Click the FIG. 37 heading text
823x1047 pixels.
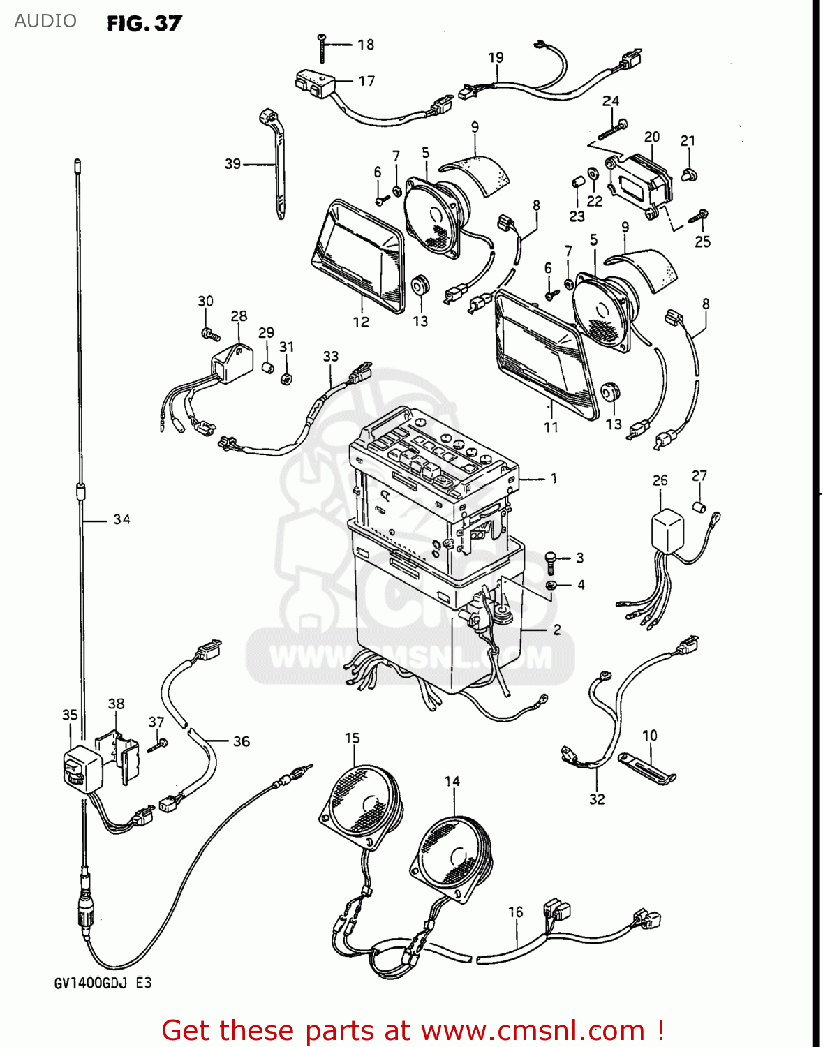(x=144, y=24)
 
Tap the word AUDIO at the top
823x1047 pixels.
(x=45, y=21)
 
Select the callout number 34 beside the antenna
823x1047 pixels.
(x=121, y=519)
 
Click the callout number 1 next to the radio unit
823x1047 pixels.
(x=554, y=479)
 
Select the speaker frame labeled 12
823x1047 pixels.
(x=358, y=255)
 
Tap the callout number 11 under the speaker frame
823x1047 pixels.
(x=551, y=427)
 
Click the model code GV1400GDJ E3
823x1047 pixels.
(x=103, y=983)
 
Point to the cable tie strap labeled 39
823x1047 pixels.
(x=277, y=168)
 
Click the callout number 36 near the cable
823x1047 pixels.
(x=241, y=741)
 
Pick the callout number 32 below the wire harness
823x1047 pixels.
(x=597, y=799)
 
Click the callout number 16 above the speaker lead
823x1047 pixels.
(x=515, y=912)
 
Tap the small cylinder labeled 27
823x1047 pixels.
(x=699, y=507)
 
